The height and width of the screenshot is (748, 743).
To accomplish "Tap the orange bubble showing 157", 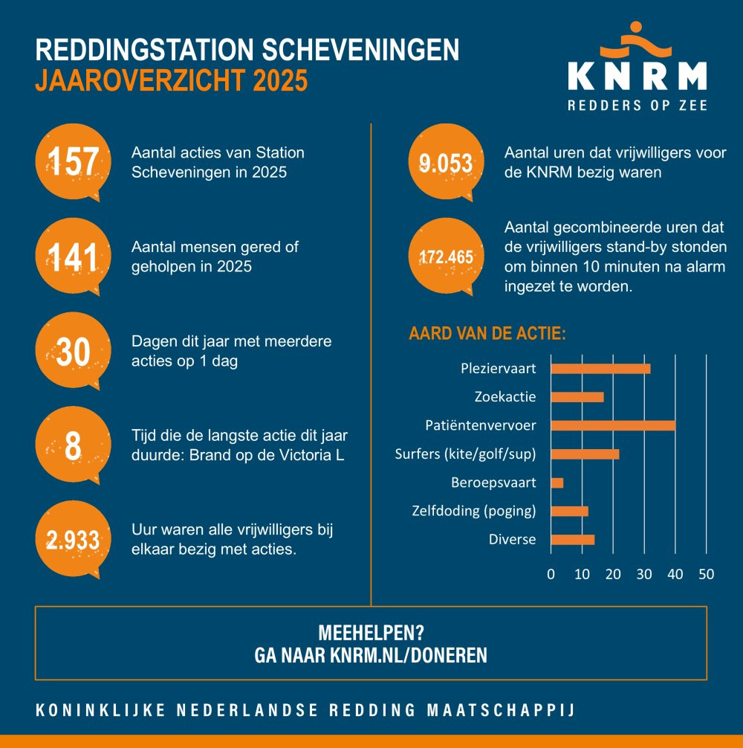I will coord(73,162).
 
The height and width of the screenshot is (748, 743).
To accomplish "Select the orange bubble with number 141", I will coord(73,257).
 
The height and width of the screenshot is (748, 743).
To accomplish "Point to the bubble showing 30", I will coord(73,352).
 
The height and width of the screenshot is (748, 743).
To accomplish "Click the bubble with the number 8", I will coord(73,446).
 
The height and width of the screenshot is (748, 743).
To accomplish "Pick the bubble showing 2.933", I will coord(73,541).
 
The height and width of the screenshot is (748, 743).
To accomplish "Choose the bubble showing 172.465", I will coord(446,257).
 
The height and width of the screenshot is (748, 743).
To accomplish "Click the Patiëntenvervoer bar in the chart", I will coord(613,425).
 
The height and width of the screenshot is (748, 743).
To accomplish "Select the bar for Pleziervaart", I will coord(600,369).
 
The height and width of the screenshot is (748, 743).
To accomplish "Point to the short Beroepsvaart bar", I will coord(557,483).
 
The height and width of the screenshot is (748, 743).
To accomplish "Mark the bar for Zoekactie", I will coord(577,397).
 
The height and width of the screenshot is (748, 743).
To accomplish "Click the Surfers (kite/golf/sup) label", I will coord(465,454).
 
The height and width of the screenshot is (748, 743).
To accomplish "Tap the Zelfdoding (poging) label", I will coord(473,511).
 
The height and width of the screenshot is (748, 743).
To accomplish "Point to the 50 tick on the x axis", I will coord(706,574).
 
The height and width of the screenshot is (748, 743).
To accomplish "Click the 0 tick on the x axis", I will coord(551,574).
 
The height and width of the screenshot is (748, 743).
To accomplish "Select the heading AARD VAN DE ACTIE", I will coord(487,332).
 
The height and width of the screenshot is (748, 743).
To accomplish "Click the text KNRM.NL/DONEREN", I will coord(409,655).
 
